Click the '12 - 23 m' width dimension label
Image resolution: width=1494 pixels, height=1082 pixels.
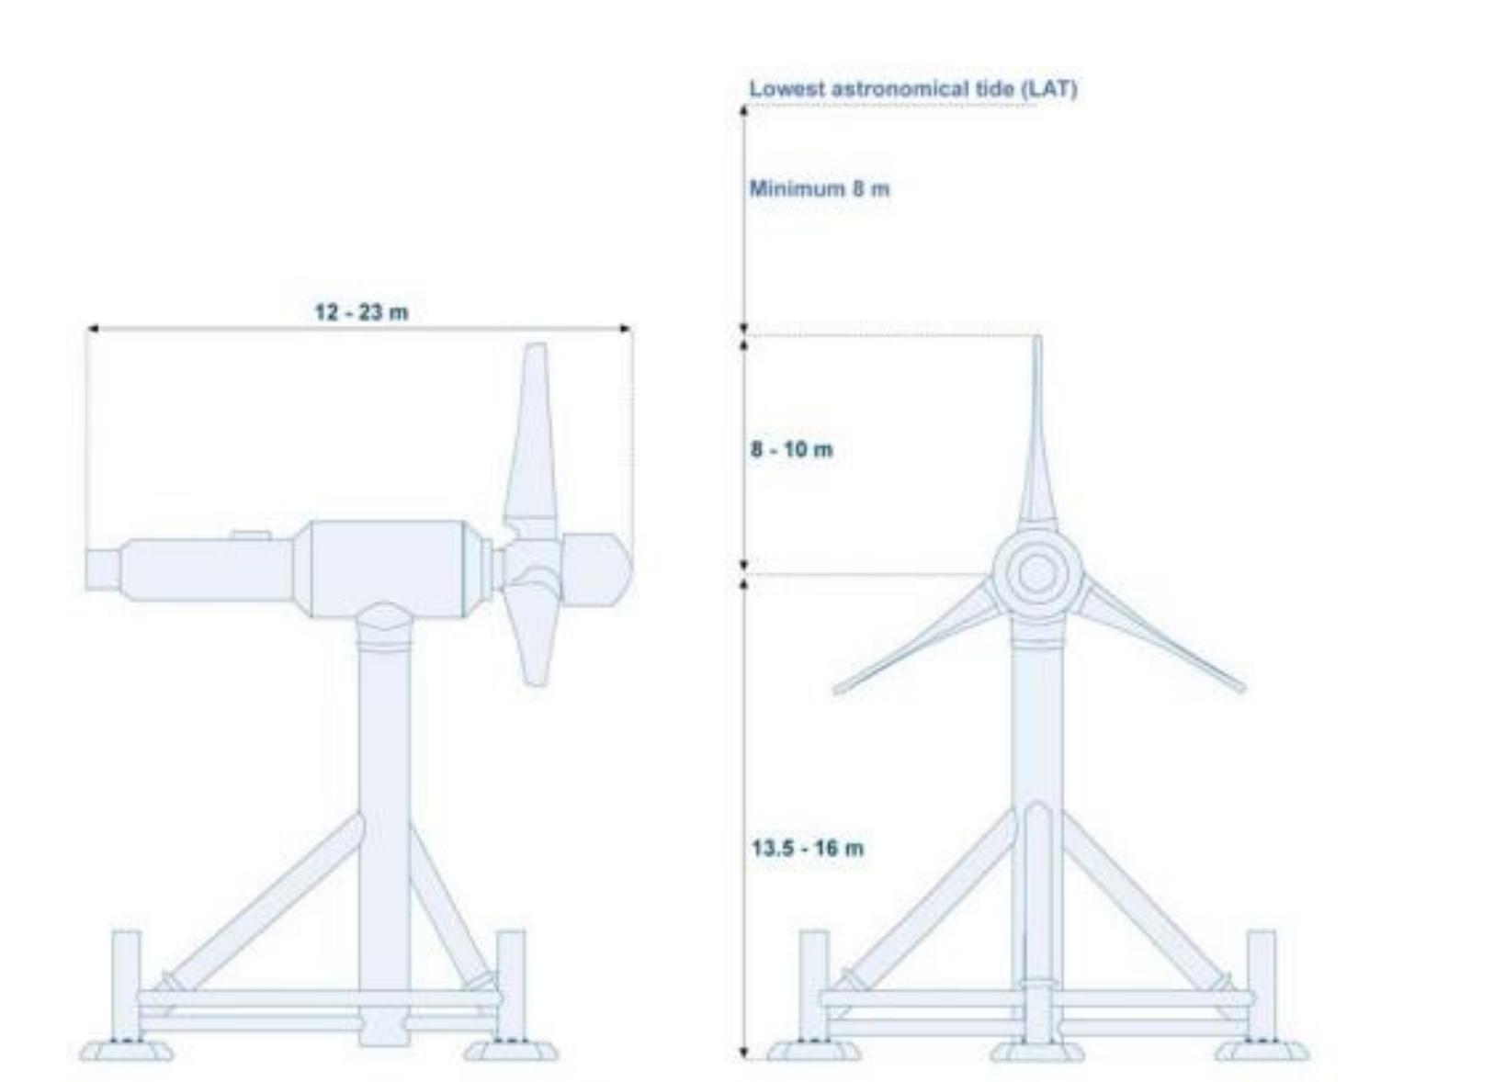(361, 312)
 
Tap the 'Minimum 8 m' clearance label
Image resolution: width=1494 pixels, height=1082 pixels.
(820, 188)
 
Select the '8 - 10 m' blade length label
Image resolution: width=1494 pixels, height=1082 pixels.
(792, 449)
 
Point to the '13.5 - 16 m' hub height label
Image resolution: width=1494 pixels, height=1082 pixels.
(808, 848)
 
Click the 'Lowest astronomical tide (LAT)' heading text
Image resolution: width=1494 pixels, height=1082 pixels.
(913, 89)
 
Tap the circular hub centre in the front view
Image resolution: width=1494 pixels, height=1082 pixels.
(1036, 574)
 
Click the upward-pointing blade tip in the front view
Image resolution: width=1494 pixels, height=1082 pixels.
(1037, 337)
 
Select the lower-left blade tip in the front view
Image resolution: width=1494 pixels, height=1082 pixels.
(838, 689)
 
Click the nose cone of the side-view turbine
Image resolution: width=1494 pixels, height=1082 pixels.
(598, 570)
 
